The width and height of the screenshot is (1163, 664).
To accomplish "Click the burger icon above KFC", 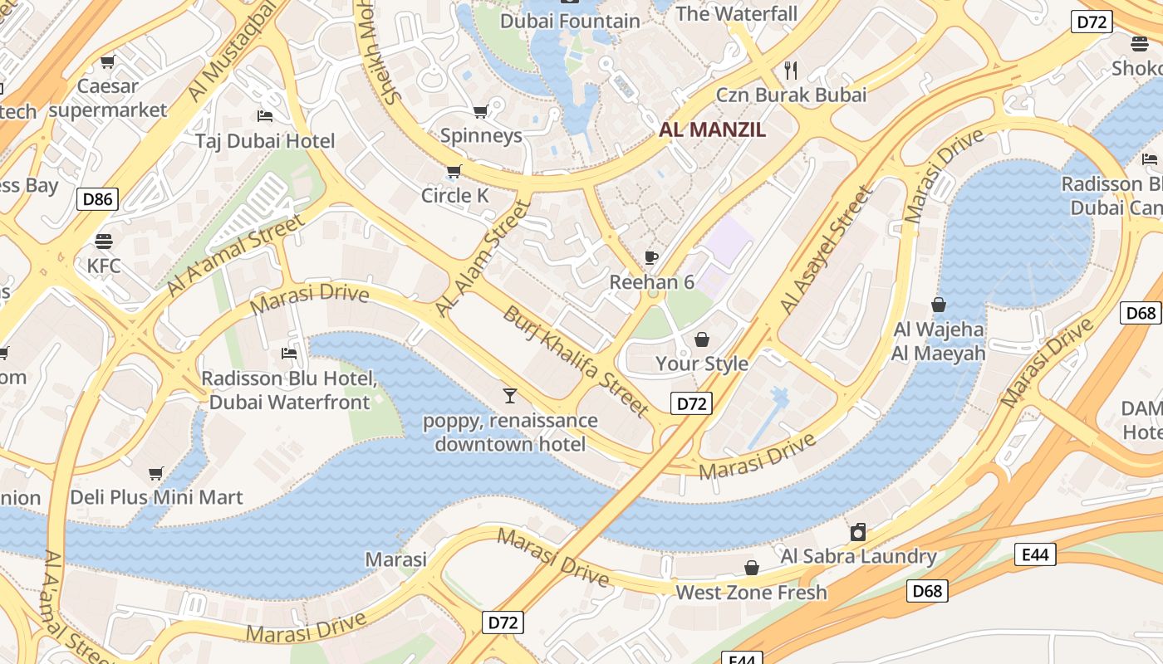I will tap(104, 242).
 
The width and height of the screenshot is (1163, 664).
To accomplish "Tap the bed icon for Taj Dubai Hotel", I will tap(265, 115).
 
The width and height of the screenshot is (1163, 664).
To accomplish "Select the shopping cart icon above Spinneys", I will tap(480, 111).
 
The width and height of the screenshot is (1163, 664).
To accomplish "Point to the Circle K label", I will tap(454, 196).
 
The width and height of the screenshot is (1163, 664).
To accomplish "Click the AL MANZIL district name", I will tap(712, 129).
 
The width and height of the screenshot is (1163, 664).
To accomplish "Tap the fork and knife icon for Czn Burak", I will tap(791, 70).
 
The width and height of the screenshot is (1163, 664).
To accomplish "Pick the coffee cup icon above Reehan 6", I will tap(651, 257).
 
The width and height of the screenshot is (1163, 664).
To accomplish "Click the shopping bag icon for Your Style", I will tap(702, 339).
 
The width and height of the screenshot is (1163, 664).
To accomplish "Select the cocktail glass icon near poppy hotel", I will tap(510, 395).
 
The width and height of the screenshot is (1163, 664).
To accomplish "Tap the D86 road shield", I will tap(97, 198).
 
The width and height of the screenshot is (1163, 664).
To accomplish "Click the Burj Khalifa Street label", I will tap(576, 361).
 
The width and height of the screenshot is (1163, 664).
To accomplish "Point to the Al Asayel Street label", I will tap(827, 250).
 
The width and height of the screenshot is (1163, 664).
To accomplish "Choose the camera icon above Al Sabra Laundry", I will tap(858, 531).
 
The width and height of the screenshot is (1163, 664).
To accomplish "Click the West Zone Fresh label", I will tap(751, 593).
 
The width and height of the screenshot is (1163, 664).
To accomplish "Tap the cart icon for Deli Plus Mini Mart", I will tap(155, 473).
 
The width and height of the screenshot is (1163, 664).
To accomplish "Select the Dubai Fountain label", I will tap(570, 21).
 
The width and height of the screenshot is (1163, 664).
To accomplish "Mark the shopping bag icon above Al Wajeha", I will tap(939, 305).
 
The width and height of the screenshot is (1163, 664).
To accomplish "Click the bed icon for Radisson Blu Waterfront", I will tap(289, 354).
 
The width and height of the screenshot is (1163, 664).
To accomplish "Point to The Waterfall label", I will tap(736, 13).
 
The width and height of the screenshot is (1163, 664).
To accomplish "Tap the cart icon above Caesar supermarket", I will tap(107, 61).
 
